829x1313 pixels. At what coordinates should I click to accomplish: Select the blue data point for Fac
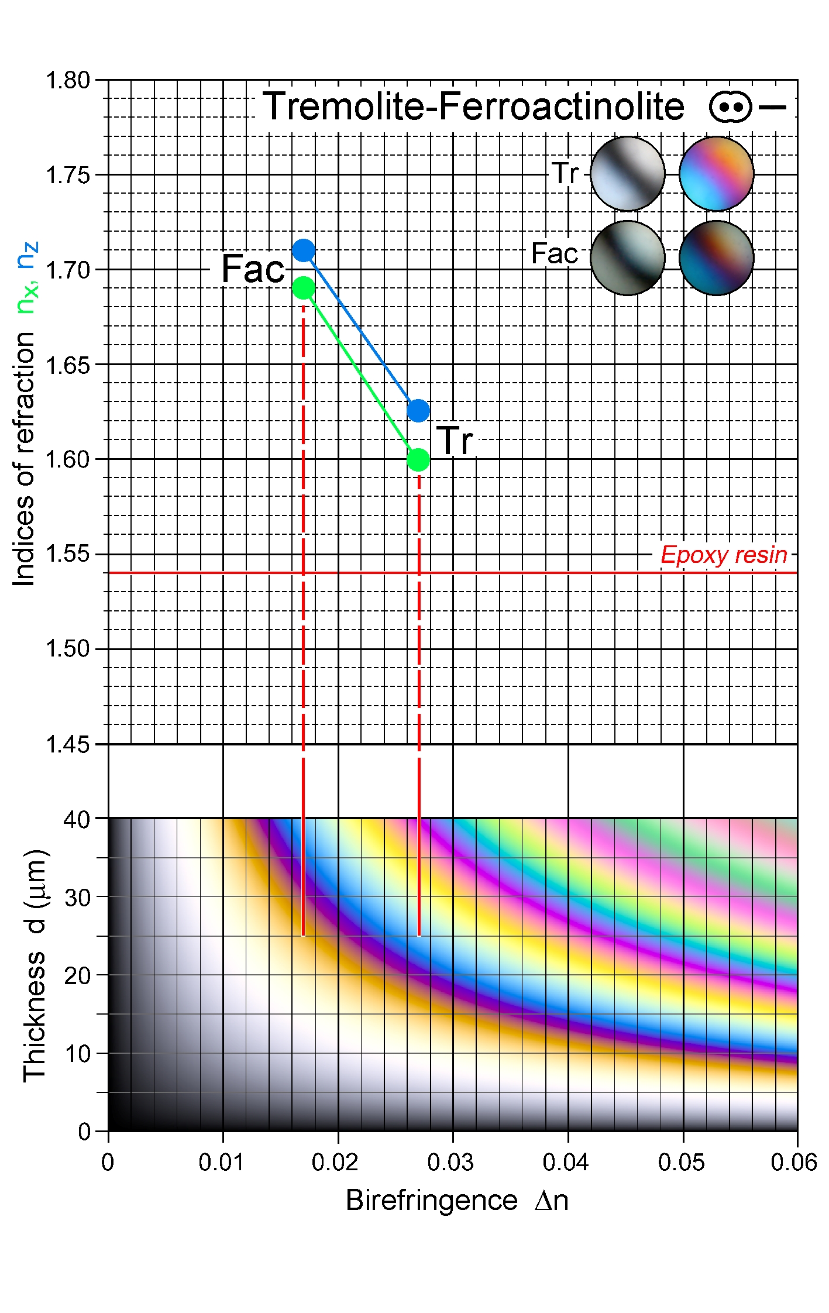(304, 250)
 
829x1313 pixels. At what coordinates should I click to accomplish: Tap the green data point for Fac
(304, 288)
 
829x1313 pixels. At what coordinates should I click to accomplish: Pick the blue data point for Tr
(418, 411)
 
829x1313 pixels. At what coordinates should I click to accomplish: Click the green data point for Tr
(418, 460)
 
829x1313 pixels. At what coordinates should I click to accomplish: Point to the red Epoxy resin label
(723, 555)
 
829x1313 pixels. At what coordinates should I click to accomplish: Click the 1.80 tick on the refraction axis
(68, 80)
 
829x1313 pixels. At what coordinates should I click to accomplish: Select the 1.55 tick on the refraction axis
(68, 554)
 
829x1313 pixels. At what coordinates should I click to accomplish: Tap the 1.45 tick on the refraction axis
(68, 744)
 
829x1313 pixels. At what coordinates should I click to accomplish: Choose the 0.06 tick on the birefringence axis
(793, 1162)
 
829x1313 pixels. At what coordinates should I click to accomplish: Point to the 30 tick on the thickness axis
(77, 898)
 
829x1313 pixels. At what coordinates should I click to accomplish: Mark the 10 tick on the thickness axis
(77, 1054)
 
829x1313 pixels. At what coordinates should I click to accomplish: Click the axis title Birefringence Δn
(457, 1201)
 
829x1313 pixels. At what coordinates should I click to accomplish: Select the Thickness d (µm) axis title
(34, 965)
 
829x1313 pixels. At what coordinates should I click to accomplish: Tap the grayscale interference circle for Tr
(628, 174)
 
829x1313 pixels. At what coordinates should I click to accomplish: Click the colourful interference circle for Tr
(716, 174)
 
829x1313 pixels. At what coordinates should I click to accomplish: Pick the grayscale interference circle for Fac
(628, 258)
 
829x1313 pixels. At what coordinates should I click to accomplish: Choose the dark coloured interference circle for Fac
(716, 258)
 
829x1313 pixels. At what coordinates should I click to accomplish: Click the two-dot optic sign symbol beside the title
(730, 107)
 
